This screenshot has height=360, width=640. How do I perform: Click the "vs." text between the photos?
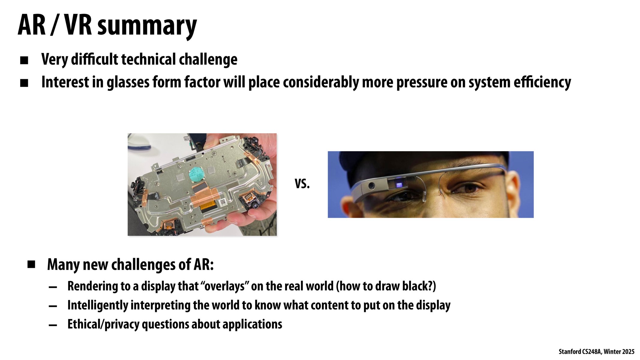pos(302,184)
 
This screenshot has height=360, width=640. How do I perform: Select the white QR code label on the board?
pos(223,203)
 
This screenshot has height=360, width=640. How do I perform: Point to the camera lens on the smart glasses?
pos(372,186)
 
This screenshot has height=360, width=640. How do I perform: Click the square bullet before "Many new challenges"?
pos(31,265)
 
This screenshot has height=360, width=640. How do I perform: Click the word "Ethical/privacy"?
pos(103,325)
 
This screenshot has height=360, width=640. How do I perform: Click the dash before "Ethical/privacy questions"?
pos(53,325)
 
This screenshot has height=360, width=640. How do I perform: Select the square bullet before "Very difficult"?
pos(24,60)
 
